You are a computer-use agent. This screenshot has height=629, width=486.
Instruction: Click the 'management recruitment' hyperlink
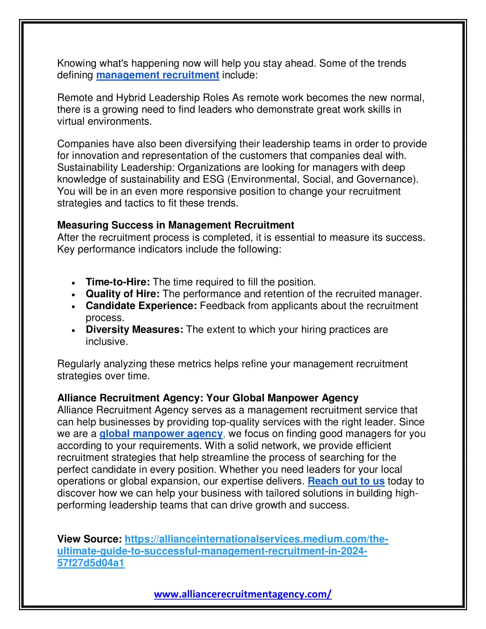coord(158,75)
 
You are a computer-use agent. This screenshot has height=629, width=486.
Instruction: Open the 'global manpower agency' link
coord(161,433)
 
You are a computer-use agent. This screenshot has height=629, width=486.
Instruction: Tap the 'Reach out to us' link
coord(346,481)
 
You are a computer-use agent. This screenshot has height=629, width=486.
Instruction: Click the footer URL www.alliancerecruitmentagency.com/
coord(243,594)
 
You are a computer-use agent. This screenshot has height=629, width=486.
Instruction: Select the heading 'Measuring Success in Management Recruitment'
coord(176,225)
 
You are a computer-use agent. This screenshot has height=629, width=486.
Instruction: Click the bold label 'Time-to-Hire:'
coord(118,282)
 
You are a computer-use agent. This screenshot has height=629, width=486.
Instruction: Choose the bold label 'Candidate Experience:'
coord(141,306)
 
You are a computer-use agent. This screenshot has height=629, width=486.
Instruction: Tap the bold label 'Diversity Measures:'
coord(134,329)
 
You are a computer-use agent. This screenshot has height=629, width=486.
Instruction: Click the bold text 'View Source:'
coord(90,539)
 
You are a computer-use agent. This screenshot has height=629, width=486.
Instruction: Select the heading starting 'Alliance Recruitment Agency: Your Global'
coord(208,398)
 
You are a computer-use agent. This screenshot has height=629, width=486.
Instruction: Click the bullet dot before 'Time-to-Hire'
coord(74,282)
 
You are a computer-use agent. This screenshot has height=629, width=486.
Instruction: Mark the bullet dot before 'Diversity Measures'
coord(74,330)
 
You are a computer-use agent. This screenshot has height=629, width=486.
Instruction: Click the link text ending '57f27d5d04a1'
coord(91,563)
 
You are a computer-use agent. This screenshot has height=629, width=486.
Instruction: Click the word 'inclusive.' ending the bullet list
coord(107,341)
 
